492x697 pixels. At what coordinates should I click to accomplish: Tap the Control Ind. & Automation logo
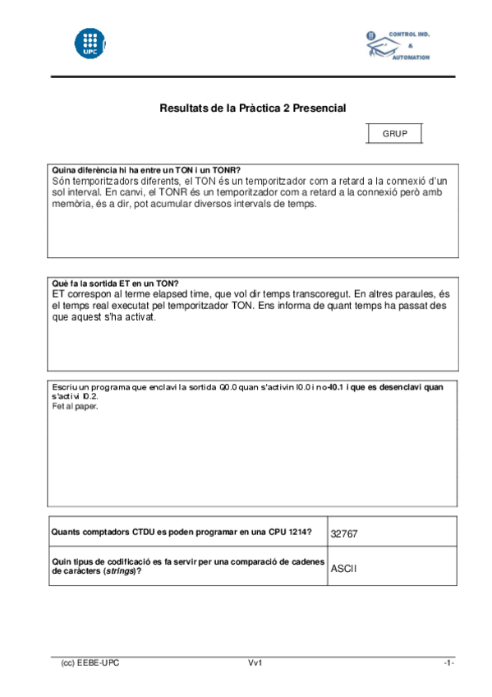pos(398,46)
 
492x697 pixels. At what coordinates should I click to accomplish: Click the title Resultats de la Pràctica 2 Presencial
pos(252,108)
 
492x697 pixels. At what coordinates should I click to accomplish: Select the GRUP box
pos(394,133)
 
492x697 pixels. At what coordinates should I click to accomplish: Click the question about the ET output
pos(115,283)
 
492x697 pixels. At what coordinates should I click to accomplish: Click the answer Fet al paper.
pos(75,406)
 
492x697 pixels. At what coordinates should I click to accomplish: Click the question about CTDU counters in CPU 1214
pos(182,532)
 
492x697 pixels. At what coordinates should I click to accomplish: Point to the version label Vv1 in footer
pos(255,662)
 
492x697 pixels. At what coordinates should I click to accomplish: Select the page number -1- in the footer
pos(448,662)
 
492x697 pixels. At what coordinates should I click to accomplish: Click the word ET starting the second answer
pos(59,293)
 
